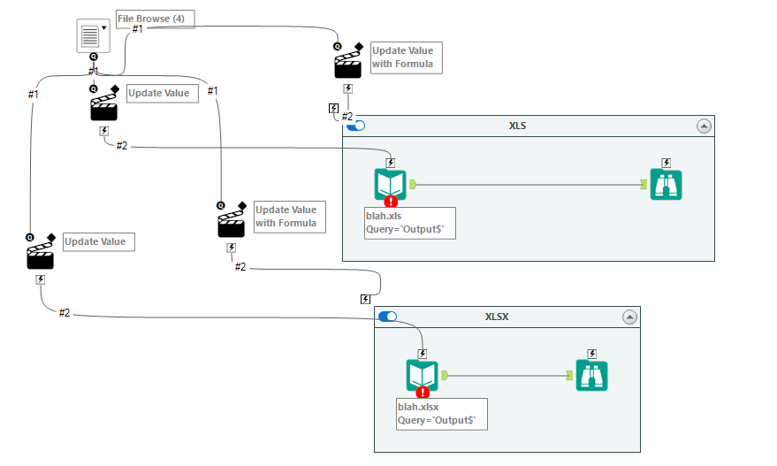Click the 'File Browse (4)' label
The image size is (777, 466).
tap(156, 19)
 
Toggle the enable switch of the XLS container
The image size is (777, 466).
tap(356, 126)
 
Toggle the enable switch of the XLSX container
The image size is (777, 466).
tap(387, 317)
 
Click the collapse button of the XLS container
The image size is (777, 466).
tap(704, 126)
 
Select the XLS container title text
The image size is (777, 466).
tap(517, 126)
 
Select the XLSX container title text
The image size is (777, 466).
tap(496, 317)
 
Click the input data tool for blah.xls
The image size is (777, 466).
tap(390, 184)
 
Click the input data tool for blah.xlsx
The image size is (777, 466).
tap(422, 375)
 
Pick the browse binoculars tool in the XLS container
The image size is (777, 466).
tap(666, 184)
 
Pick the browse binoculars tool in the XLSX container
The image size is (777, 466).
tap(591, 375)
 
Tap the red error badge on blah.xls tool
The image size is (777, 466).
tap(391, 201)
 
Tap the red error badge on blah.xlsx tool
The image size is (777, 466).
tap(423, 392)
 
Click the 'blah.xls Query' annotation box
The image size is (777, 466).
tap(409, 223)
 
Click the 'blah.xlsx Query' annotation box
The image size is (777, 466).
tap(442, 413)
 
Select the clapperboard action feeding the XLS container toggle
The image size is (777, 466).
tap(347, 65)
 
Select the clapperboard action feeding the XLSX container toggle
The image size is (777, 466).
tap(231, 224)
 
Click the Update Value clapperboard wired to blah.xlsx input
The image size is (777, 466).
tap(40, 256)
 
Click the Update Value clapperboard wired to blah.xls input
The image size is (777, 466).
tap(103, 107)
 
